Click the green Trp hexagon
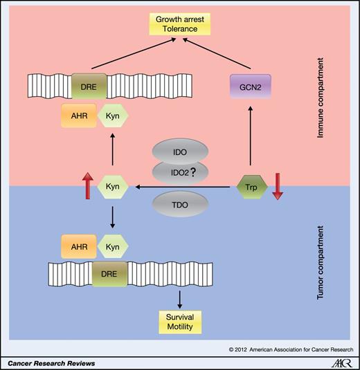(x=250, y=187)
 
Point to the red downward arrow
(x=276, y=187)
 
